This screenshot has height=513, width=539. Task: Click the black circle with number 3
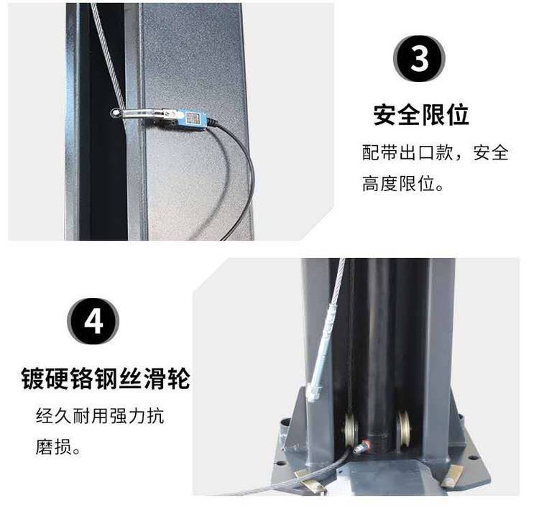tap(419, 58)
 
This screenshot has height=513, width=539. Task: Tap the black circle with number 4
tap(93, 321)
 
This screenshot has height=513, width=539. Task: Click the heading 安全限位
tap(421, 115)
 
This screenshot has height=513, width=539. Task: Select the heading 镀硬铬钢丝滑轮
tap(106, 379)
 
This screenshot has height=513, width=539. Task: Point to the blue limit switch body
tap(192, 119)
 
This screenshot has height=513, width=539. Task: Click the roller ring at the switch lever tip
tap(116, 114)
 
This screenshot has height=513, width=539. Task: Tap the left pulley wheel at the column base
tap(351, 430)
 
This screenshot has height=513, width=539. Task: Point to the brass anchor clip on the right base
tap(451, 476)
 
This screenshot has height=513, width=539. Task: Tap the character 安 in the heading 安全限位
tap(385, 115)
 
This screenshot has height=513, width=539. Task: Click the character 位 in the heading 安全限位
tap(458, 115)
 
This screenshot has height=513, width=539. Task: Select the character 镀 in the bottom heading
tap(33, 379)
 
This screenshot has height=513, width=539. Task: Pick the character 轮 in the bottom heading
tap(178, 379)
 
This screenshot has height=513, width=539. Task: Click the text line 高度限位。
tap(402, 183)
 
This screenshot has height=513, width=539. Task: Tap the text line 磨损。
tap(57, 448)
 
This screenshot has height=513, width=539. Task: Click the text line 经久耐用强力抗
tap(100, 416)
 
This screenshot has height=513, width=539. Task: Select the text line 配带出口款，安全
tap(436, 152)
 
